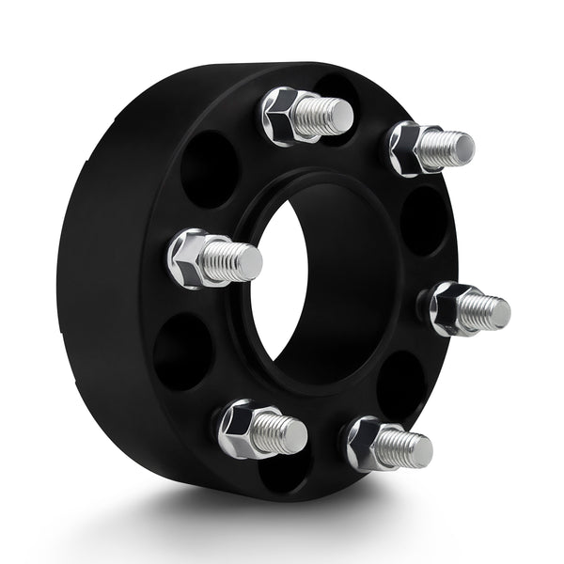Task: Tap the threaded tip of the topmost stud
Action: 337,116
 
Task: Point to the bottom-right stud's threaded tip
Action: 414,448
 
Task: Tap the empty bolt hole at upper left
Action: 209,169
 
